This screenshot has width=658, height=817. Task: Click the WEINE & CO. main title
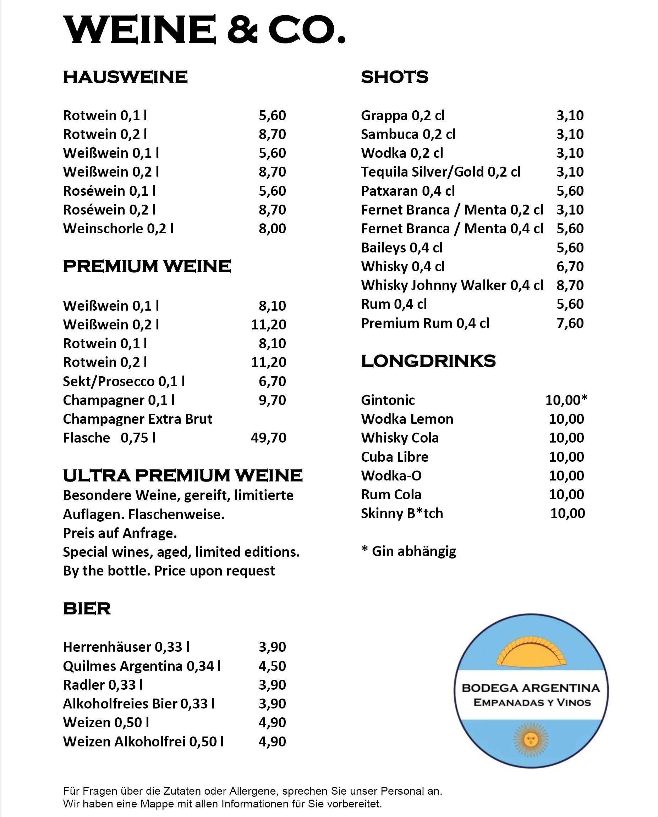204,29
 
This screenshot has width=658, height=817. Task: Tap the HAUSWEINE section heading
125,77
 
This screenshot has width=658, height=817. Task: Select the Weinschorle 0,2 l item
118,228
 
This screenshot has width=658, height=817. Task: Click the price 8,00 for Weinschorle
272,228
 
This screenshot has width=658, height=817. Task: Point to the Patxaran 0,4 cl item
408,191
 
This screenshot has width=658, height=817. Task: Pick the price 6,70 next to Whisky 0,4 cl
570,266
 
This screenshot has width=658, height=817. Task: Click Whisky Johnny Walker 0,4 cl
452,285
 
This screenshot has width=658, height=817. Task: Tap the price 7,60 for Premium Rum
570,323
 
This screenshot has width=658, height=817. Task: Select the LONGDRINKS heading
428,361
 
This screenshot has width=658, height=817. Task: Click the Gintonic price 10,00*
566,400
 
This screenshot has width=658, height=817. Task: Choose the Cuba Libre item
394,457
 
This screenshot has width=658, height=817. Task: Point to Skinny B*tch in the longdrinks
402,513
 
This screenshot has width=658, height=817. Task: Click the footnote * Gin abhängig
408,551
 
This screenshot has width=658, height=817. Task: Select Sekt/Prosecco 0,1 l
124,381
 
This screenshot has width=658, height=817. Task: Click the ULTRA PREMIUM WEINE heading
183,476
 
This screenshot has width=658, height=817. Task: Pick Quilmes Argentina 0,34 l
142,666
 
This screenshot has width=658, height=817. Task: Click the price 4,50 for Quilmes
272,666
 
